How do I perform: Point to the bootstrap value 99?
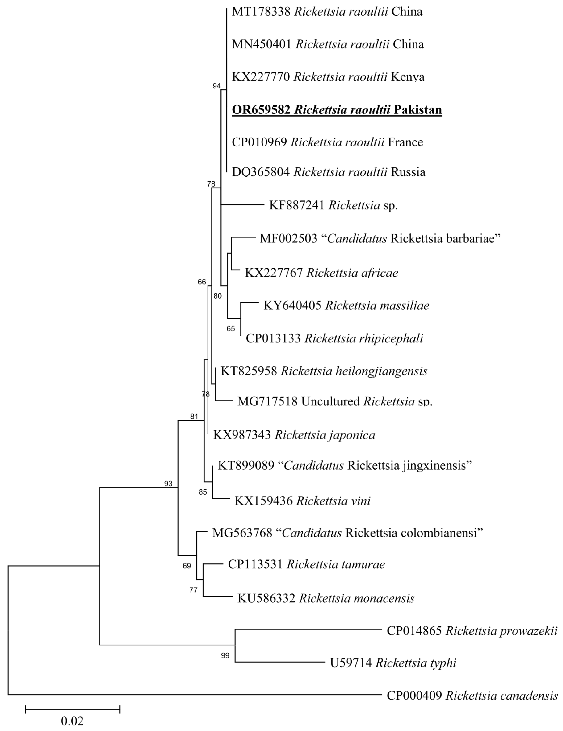pyautogui.click(x=225, y=655)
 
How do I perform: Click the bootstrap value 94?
pyautogui.click(x=217, y=86)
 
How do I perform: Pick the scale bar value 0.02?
pyautogui.click(x=72, y=720)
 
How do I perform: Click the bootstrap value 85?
pyautogui.click(x=203, y=492)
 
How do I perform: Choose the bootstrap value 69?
pyautogui.click(x=187, y=566)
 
